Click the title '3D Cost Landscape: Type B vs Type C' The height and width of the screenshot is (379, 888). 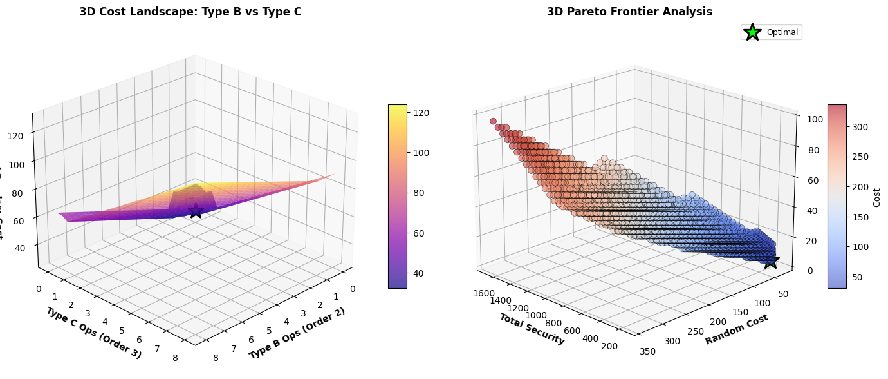[x=190, y=12]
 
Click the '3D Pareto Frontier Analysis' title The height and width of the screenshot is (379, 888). [x=629, y=12]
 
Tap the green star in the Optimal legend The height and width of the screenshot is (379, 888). [x=752, y=32]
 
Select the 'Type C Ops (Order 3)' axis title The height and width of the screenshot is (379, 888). [x=93, y=333]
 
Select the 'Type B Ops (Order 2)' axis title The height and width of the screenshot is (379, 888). [x=297, y=333]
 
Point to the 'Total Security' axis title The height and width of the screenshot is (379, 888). [x=532, y=329]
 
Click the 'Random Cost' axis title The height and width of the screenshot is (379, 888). [x=736, y=329]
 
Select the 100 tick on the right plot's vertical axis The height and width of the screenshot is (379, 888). [x=809, y=120]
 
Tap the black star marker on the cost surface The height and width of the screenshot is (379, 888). [x=196, y=211]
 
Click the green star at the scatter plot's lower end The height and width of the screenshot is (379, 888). [x=770, y=260]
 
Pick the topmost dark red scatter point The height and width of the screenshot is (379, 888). [x=494, y=121]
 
